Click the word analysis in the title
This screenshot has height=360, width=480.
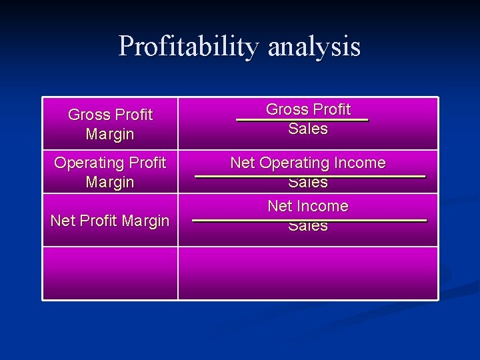(x=314, y=47)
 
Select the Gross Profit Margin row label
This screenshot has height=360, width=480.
(x=110, y=124)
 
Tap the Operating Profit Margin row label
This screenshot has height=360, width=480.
(x=110, y=172)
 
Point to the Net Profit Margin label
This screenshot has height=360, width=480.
(x=110, y=221)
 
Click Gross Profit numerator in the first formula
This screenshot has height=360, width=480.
(x=308, y=109)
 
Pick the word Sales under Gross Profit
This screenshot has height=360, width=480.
(x=308, y=129)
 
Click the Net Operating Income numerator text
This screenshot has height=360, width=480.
(x=308, y=163)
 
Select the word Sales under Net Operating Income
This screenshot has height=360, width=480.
(x=308, y=183)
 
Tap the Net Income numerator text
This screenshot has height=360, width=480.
(x=308, y=206)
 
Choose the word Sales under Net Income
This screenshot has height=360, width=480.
(x=308, y=226)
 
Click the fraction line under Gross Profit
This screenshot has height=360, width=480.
(x=302, y=119)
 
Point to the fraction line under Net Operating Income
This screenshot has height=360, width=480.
(x=310, y=176)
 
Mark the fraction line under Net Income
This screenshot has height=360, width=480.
(x=310, y=219)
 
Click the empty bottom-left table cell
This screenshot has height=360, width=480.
(x=110, y=273)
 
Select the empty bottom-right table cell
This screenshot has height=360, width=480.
(x=308, y=273)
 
